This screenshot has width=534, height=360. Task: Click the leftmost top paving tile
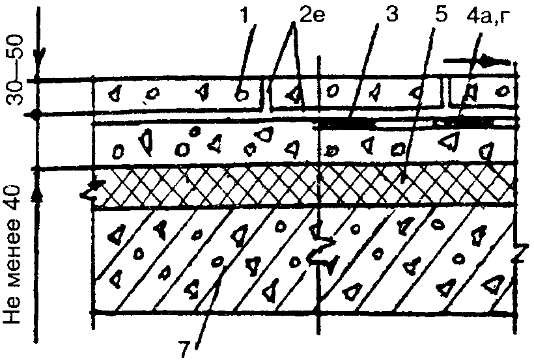[x=176, y=95]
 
